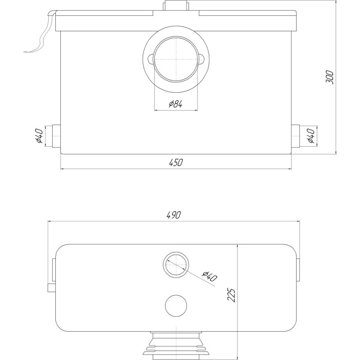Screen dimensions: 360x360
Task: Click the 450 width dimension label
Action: point(176,162)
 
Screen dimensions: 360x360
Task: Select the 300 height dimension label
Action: point(330,77)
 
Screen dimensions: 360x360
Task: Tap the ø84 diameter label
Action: point(175,104)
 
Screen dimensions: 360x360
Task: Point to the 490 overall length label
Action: point(174,215)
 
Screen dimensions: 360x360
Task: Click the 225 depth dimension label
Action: point(231,295)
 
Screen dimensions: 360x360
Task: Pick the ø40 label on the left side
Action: point(39,136)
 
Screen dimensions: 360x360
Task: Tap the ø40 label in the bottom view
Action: point(209,276)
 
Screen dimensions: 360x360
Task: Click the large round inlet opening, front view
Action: point(176,59)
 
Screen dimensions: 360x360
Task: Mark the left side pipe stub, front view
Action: point(57,136)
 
